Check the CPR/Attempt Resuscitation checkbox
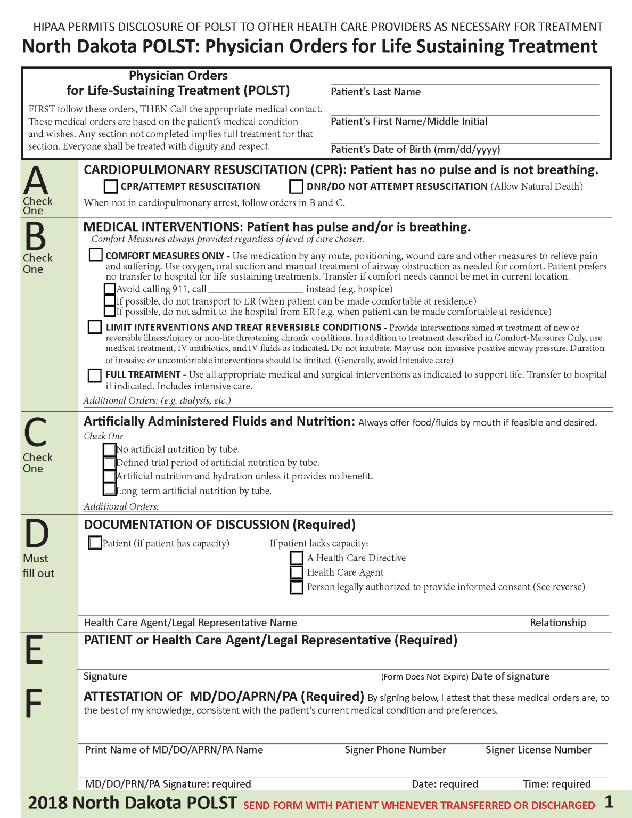[111, 186]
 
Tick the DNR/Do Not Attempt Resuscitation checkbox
[296, 186]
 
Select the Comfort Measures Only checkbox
[96, 255]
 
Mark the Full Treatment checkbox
[95, 375]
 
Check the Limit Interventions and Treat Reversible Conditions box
[95, 327]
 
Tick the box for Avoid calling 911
[110, 289]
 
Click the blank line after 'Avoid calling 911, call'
[256, 289]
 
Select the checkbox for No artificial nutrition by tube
[110, 449]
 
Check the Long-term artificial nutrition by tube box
[110, 489]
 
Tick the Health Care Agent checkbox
[297, 572]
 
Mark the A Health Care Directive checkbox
[297, 558]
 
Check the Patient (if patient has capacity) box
[95, 543]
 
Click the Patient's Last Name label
[375, 92]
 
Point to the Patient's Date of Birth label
[415, 150]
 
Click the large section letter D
[37, 534]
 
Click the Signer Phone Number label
[395, 750]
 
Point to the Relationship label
[557, 623]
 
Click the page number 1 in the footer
[609, 802]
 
